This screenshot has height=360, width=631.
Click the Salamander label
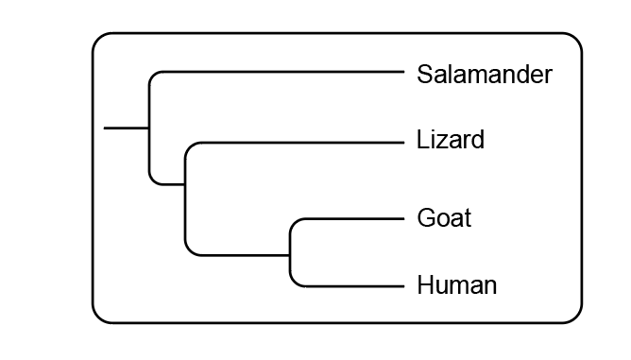point(485,74)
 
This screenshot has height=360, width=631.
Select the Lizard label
point(451,139)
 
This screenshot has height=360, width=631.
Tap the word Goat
point(444,218)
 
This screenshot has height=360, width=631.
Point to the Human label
point(457,285)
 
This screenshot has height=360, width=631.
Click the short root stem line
point(127,129)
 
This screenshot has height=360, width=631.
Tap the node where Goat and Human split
point(290,255)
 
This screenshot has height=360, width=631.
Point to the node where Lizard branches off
point(185,184)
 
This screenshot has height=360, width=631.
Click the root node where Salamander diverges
point(149,129)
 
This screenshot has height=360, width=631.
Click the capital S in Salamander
point(425,74)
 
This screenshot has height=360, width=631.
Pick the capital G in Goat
point(427,218)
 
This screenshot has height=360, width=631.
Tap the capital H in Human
point(426,285)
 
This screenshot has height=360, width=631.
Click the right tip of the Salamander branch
point(404,72)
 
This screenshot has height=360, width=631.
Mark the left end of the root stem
point(104,129)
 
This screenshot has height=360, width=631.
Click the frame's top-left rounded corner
point(97,38)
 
